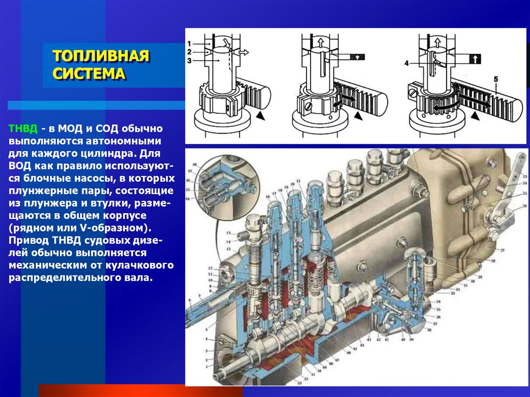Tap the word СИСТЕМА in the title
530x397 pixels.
pyautogui.click(x=89, y=73)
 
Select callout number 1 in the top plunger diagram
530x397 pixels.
pyautogui.click(x=190, y=43)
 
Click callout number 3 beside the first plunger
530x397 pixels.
pyautogui.click(x=190, y=61)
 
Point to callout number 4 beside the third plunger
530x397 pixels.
pyautogui.click(x=407, y=63)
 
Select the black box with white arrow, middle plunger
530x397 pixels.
pyautogui.click(x=357, y=57)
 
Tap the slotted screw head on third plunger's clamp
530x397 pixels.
pyautogui.click(x=411, y=94)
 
